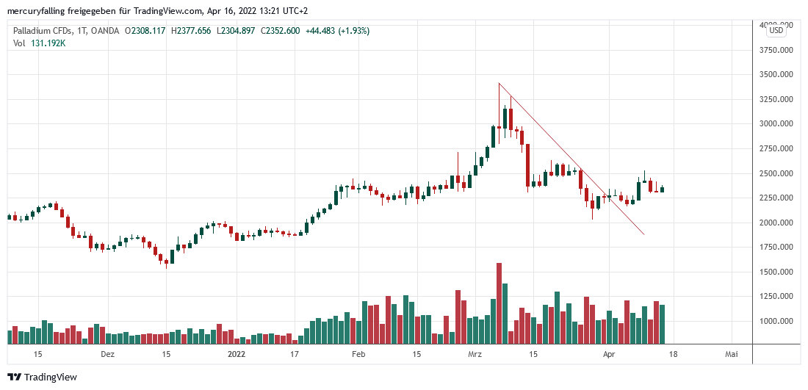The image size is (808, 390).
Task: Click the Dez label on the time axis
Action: click(107, 354)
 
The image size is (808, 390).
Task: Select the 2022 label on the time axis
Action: click(237, 354)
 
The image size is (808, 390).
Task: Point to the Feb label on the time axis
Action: click(358, 354)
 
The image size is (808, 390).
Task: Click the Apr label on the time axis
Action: click(609, 354)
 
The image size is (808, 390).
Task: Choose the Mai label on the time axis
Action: click(731, 354)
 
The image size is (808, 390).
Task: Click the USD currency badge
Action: click(776, 30)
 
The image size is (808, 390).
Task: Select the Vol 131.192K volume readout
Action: click(40, 43)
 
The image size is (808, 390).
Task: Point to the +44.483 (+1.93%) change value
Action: click(336, 31)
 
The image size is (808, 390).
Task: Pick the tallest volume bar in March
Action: click(499, 303)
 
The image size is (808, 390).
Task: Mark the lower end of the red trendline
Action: click(644, 234)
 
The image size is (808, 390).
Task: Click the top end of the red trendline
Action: click(499, 83)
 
